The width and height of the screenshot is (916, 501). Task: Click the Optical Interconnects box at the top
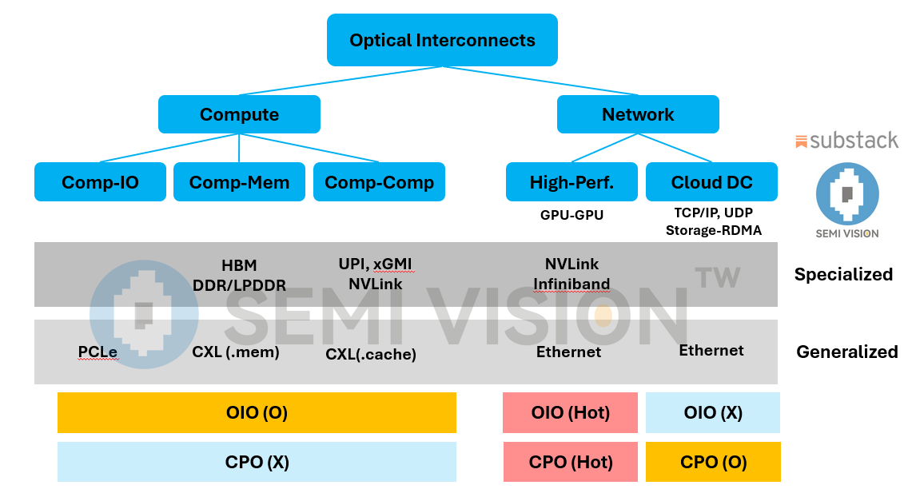coord(442,40)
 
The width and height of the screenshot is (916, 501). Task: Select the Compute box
coord(239,114)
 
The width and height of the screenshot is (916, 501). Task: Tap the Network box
coord(638,114)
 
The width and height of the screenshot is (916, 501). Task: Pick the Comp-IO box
coord(100,182)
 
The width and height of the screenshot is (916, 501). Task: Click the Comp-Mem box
coord(239,182)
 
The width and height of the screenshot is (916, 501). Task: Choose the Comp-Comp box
coord(379,182)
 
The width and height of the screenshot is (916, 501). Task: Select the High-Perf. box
coord(572,182)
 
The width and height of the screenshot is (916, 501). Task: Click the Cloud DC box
coord(711,182)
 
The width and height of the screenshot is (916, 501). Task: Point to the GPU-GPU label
coord(572,214)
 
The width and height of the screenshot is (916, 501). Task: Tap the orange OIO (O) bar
coord(257,412)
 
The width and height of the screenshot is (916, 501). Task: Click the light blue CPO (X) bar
coord(257,462)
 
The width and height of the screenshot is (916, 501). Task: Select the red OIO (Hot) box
coord(570,412)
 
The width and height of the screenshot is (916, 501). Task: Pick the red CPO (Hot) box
coord(570,462)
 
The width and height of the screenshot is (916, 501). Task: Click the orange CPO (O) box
coord(713,462)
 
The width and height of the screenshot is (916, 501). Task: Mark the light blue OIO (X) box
coord(713,412)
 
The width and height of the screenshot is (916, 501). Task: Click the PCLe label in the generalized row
coord(98,352)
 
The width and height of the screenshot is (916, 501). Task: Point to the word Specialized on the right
coord(843,274)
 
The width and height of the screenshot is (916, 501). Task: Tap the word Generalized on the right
coord(846,352)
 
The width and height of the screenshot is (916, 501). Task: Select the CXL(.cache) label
coord(371,354)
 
